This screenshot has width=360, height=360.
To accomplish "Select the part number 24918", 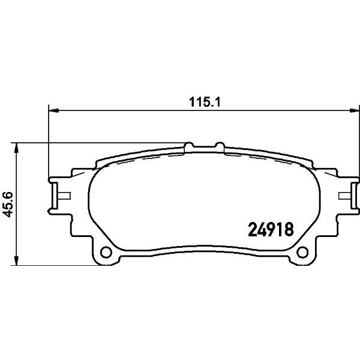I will tap(269, 229).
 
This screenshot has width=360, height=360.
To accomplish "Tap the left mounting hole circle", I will tap(106, 252).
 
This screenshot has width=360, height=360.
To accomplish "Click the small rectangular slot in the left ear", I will tap(63, 195).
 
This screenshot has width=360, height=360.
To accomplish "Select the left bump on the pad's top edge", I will tap(190, 146).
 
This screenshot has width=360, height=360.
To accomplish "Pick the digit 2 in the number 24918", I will tap(253, 229).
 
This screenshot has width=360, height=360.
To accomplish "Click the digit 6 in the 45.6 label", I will tap(7, 193).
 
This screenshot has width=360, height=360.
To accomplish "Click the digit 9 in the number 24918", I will tap(270, 229).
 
